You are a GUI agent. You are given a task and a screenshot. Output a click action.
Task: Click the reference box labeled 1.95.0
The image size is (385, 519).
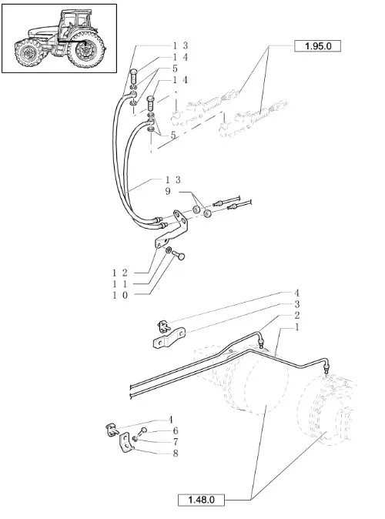click(x=317, y=46)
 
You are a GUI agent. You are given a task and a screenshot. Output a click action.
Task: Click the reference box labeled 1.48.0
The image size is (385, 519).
click(x=201, y=500)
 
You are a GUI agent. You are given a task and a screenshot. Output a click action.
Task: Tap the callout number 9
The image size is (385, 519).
click(x=168, y=191)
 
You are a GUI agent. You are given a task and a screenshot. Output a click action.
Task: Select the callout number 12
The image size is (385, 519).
click(x=119, y=273)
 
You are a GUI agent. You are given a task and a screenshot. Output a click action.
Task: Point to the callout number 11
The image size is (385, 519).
click(x=119, y=284)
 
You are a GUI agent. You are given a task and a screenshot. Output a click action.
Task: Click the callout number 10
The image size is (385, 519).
click(x=119, y=295)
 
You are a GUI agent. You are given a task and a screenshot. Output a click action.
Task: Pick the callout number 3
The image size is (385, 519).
click(x=296, y=304)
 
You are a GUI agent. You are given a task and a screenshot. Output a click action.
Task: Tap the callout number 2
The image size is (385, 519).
click(x=296, y=316)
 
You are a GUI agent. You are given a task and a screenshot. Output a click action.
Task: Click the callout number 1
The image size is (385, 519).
click(x=296, y=327)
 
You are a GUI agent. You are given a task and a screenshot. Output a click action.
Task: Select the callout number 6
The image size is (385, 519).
click(x=176, y=430)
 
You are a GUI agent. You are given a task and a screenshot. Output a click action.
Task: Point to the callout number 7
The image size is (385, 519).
click(x=176, y=442)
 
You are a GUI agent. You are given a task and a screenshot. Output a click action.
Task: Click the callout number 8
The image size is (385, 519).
click(x=176, y=453)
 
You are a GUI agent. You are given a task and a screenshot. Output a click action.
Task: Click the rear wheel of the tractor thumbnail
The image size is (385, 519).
click(x=86, y=49)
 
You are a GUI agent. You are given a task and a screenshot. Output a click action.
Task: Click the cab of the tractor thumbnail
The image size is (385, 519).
click(x=74, y=23)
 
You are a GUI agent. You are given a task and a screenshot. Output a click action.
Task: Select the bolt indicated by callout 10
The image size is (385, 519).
click(x=178, y=255)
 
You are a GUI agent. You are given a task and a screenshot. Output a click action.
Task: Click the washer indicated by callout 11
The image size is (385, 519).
click(x=168, y=250)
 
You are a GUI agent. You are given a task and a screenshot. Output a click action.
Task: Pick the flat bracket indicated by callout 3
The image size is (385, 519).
click(x=169, y=337)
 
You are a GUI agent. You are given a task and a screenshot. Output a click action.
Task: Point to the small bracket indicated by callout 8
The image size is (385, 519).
click(x=126, y=443)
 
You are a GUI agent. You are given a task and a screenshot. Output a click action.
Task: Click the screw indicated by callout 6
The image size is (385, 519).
click(x=142, y=432)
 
